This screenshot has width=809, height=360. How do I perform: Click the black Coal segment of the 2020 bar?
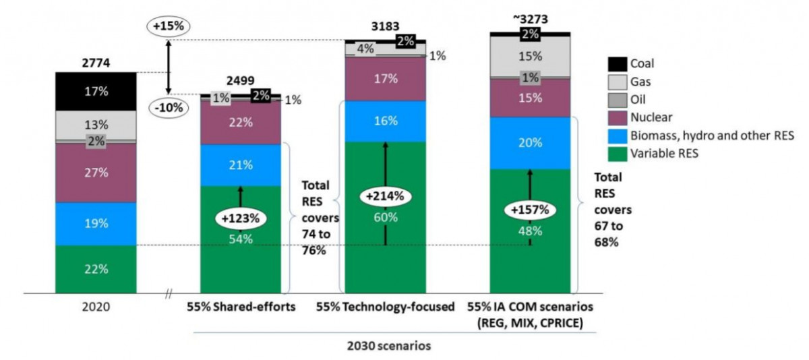(x=95, y=91)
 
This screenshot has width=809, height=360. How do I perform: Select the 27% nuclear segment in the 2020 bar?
(x=95, y=173)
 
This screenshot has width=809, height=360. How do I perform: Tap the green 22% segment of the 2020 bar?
(x=95, y=268)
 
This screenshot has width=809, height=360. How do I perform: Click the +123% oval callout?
(x=240, y=219)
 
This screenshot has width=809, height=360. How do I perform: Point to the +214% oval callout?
(x=385, y=197)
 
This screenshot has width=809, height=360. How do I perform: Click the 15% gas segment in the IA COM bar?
(x=530, y=55)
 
